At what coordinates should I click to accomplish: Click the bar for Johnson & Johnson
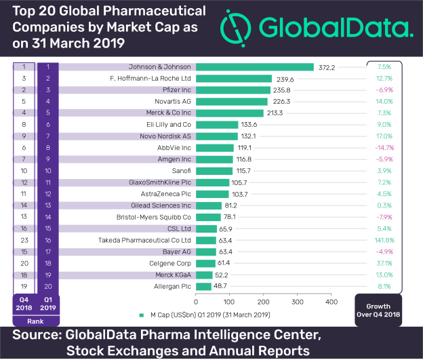click(x=255, y=67)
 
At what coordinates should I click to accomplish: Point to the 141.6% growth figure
click(x=384, y=240)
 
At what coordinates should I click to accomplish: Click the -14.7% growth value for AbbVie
click(x=384, y=147)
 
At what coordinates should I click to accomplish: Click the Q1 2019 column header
click(x=48, y=304)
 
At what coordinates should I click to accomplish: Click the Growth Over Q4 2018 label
click(x=384, y=309)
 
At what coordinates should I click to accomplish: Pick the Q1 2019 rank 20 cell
click(x=48, y=286)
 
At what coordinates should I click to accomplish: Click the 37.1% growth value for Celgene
click(x=384, y=263)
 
